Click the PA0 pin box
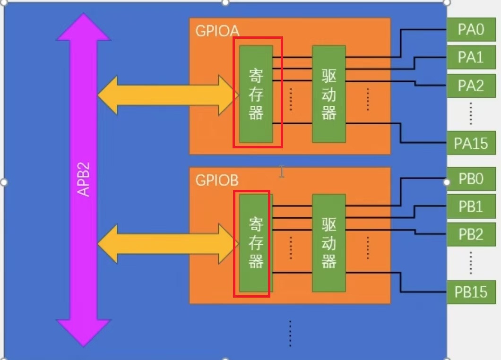click(471, 30)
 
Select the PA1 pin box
click(471, 58)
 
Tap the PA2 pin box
click(471, 86)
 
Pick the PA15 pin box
click(471, 143)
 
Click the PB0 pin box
click(471, 180)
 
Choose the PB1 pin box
click(471, 206)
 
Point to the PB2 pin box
click(471, 234)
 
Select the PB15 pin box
click(471, 291)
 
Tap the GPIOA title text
click(217, 31)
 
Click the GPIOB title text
click(217, 180)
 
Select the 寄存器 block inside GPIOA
click(256, 94)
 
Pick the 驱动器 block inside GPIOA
click(329, 94)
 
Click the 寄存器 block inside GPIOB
click(256, 243)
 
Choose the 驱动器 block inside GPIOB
click(329, 243)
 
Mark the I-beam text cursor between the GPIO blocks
click(282, 171)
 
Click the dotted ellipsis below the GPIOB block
click(290, 334)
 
